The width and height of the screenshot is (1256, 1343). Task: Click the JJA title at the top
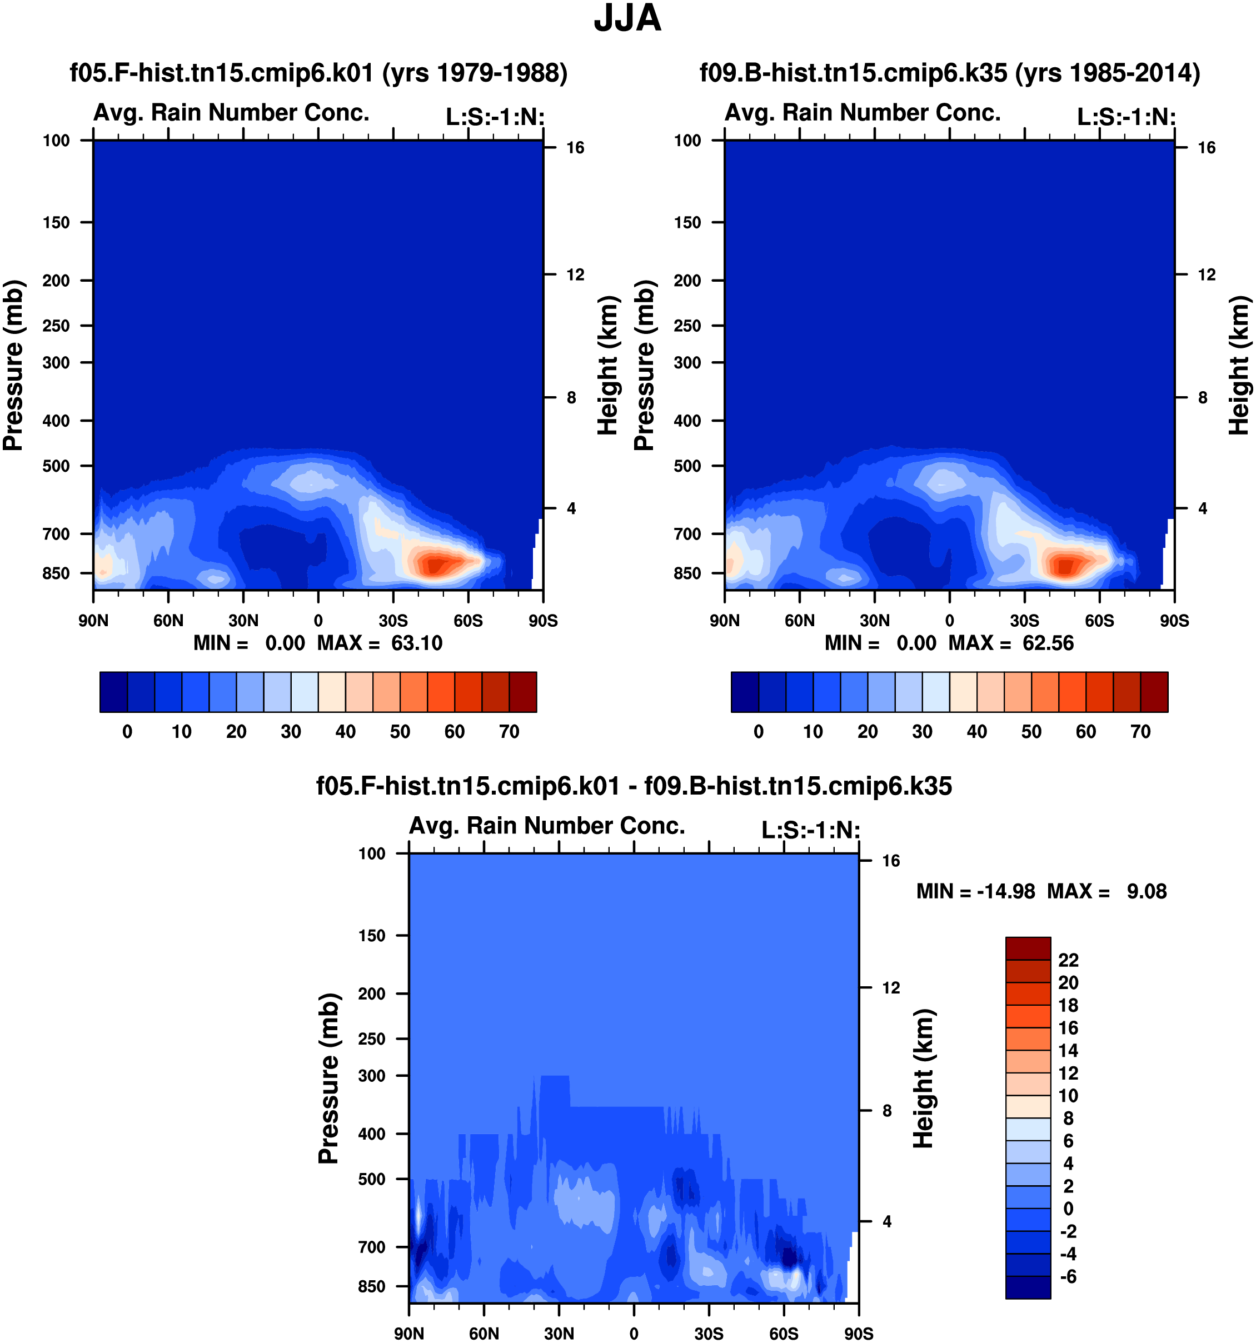point(627,18)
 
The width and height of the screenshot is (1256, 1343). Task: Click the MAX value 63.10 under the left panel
point(417,643)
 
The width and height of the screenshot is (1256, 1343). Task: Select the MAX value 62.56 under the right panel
point(1048,643)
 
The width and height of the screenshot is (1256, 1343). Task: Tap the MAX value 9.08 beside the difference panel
point(1147,892)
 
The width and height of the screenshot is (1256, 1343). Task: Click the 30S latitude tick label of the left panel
point(393,621)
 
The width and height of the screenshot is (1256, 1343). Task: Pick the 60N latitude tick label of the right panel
point(799,621)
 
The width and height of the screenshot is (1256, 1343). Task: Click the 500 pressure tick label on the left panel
point(56,466)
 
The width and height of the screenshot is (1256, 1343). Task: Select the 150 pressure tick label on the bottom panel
point(372,936)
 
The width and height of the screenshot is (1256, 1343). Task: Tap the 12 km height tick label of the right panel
point(1207,275)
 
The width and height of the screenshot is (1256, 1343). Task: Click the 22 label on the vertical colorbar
point(1068,960)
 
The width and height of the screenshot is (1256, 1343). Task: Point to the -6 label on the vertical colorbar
point(1068,1277)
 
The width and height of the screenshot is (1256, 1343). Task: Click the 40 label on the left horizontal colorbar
point(345,732)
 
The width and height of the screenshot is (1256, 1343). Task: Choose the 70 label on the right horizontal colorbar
point(1140,732)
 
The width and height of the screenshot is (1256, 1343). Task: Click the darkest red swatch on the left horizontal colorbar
point(523,692)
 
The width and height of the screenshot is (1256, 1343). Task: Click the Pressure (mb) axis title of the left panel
point(13,366)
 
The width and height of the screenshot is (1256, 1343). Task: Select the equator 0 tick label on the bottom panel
point(634,1334)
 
